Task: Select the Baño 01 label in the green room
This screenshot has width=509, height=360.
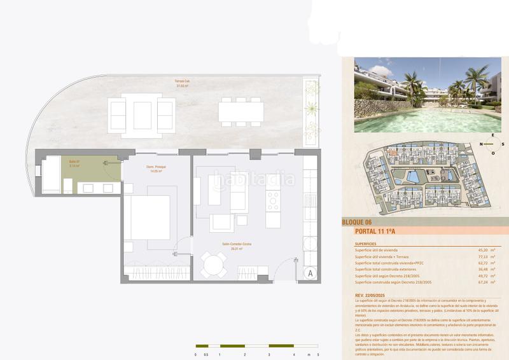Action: [75, 163]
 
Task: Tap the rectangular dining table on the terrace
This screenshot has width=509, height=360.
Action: [241, 112]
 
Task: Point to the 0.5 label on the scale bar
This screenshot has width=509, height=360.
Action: [207, 354]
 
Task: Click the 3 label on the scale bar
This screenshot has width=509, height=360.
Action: [268, 354]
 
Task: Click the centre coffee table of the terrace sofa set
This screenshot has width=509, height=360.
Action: [142, 114]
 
